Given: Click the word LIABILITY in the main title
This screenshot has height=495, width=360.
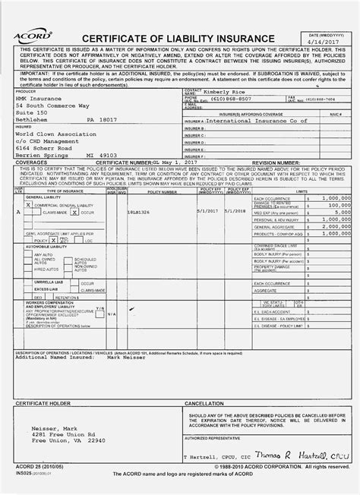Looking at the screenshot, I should [x=186, y=39].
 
